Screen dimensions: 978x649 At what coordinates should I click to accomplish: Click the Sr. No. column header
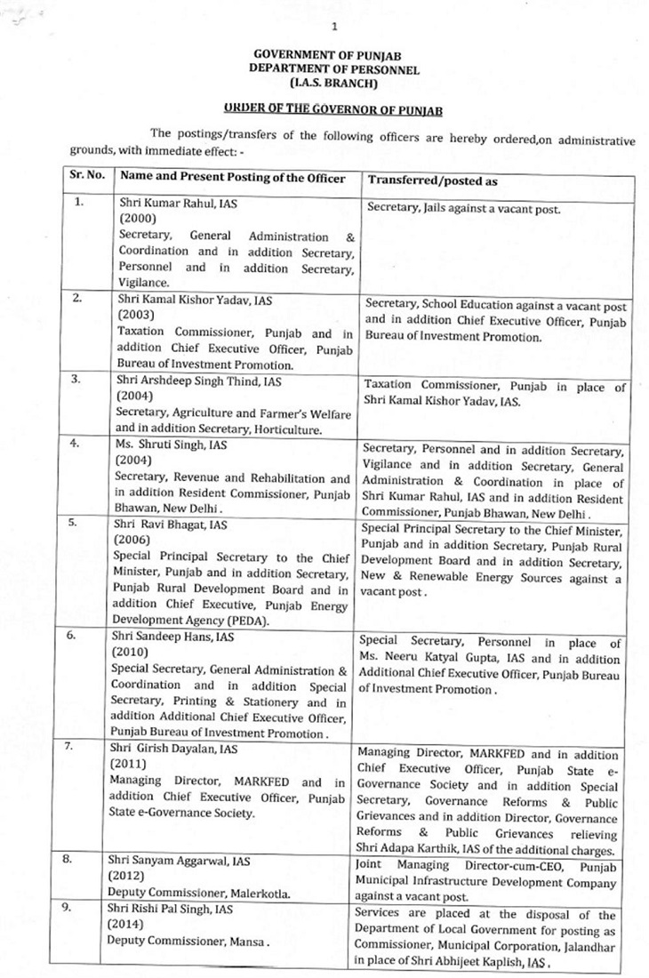[88, 177]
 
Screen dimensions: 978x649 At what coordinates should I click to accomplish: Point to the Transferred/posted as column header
[432, 180]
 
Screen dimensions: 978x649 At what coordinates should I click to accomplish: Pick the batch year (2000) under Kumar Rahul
[137, 218]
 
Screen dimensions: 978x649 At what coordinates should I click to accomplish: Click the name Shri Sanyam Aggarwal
[178, 862]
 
